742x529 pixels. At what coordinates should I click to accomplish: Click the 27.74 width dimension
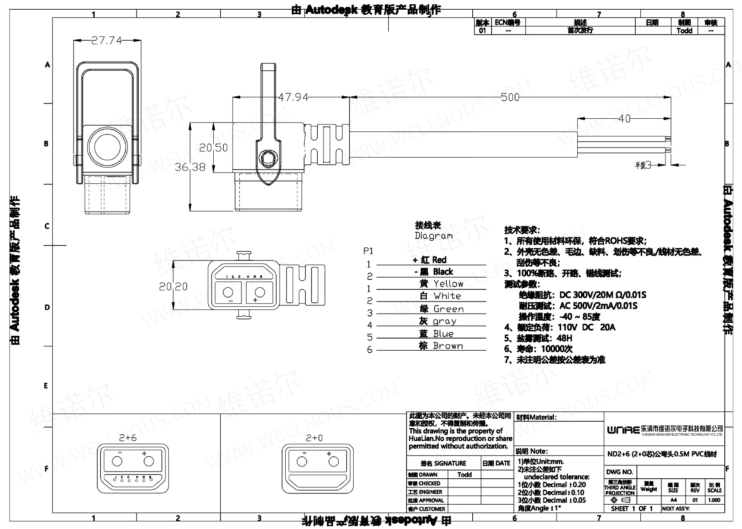(x=107, y=40)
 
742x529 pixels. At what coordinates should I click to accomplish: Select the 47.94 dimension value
(x=293, y=97)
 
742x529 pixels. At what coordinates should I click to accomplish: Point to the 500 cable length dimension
(x=510, y=97)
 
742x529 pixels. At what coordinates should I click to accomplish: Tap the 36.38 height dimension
(x=190, y=167)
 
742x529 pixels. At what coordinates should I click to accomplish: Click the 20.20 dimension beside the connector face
(x=173, y=287)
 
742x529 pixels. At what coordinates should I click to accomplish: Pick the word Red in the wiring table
(x=439, y=260)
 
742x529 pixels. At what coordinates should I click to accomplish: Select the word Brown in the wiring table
(x=448, y=346)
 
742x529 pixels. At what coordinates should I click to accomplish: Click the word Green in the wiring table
(x=448, y=309)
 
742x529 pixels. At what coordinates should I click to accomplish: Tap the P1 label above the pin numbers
(x=368, y=251)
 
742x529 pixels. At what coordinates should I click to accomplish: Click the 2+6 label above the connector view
(x=128, y=438)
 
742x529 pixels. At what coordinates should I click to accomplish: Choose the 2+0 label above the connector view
(x=314, y=438)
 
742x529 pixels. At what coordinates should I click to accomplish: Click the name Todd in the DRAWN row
(x=465, y=474)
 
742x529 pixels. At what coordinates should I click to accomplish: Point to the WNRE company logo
(x=623, y=430)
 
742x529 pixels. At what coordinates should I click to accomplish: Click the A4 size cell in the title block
(x=673, y=500)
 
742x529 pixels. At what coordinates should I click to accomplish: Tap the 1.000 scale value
(x=714, y=500)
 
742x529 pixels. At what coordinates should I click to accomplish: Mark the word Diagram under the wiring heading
(x=434, y=235)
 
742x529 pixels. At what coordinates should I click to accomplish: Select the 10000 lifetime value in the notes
(x=553, y=349)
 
